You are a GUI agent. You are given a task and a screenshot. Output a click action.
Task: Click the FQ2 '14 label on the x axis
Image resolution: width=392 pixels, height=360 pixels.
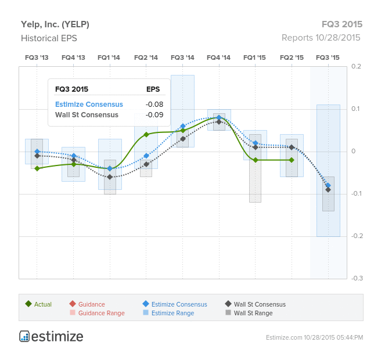click(x=146, y=57)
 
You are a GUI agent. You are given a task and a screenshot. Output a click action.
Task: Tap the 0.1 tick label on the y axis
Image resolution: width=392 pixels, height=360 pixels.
click(x=355, y=109)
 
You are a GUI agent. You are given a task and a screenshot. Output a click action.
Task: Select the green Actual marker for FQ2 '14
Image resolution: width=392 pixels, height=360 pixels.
click(x=146, y=135)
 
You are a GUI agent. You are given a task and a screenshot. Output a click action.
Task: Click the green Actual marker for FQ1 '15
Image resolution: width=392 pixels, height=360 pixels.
click(x=256, y=160)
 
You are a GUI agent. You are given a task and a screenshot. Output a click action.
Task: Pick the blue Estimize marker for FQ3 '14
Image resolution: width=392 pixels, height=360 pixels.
click(x=183, y=126)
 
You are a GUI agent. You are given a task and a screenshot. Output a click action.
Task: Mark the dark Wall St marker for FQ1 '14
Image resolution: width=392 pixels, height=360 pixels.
click(x=110, y=177)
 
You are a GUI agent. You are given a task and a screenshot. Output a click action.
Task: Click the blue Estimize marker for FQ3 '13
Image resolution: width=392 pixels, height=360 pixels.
click(x=37, y=152)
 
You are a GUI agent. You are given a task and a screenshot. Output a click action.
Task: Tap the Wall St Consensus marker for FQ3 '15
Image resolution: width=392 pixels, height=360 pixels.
click(x=328, y=190)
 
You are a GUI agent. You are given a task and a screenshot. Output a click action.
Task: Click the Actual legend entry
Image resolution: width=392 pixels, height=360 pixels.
click(x=38, y=304)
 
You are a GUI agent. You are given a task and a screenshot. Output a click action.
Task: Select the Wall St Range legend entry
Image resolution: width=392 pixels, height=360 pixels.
click(x=249, y=313)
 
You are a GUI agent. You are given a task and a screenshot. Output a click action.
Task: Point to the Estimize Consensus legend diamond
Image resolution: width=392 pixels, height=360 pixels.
click(x=146, y=304)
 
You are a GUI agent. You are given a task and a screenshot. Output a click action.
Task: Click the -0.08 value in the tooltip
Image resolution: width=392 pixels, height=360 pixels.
click(x=154, y=105)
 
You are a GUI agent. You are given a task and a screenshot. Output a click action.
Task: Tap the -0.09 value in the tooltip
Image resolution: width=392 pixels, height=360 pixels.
click(x=154, y=115)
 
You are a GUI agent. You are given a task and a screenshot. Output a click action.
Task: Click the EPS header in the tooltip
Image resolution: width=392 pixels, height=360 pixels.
click(x=153, y=89)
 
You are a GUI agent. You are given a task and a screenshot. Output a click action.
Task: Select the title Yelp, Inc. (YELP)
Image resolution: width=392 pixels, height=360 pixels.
click(x=55, y=24)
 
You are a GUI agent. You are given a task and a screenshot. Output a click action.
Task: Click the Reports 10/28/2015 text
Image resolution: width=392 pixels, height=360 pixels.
click(x=321, y=38)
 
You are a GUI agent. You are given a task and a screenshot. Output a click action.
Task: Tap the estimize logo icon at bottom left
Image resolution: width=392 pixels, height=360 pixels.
click(x=24, y=336)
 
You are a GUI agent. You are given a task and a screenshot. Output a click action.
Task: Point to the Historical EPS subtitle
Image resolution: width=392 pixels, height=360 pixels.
click(x=49, y=38)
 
